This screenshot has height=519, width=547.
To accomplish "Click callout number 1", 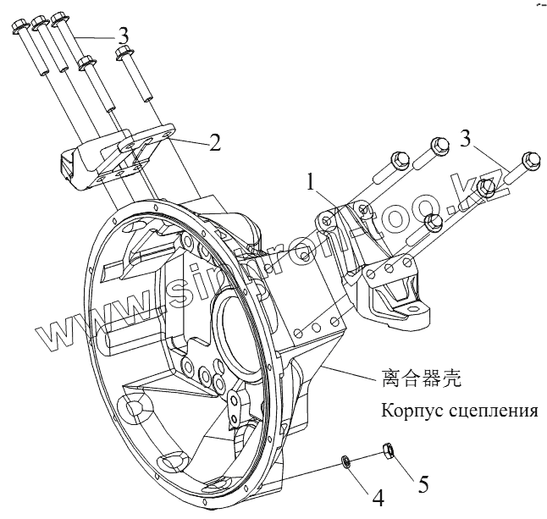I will [x=312, y=180].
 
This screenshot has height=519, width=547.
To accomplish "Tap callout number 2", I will [x=215, y=141].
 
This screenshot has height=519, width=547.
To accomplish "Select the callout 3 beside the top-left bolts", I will [x=124, y=36].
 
